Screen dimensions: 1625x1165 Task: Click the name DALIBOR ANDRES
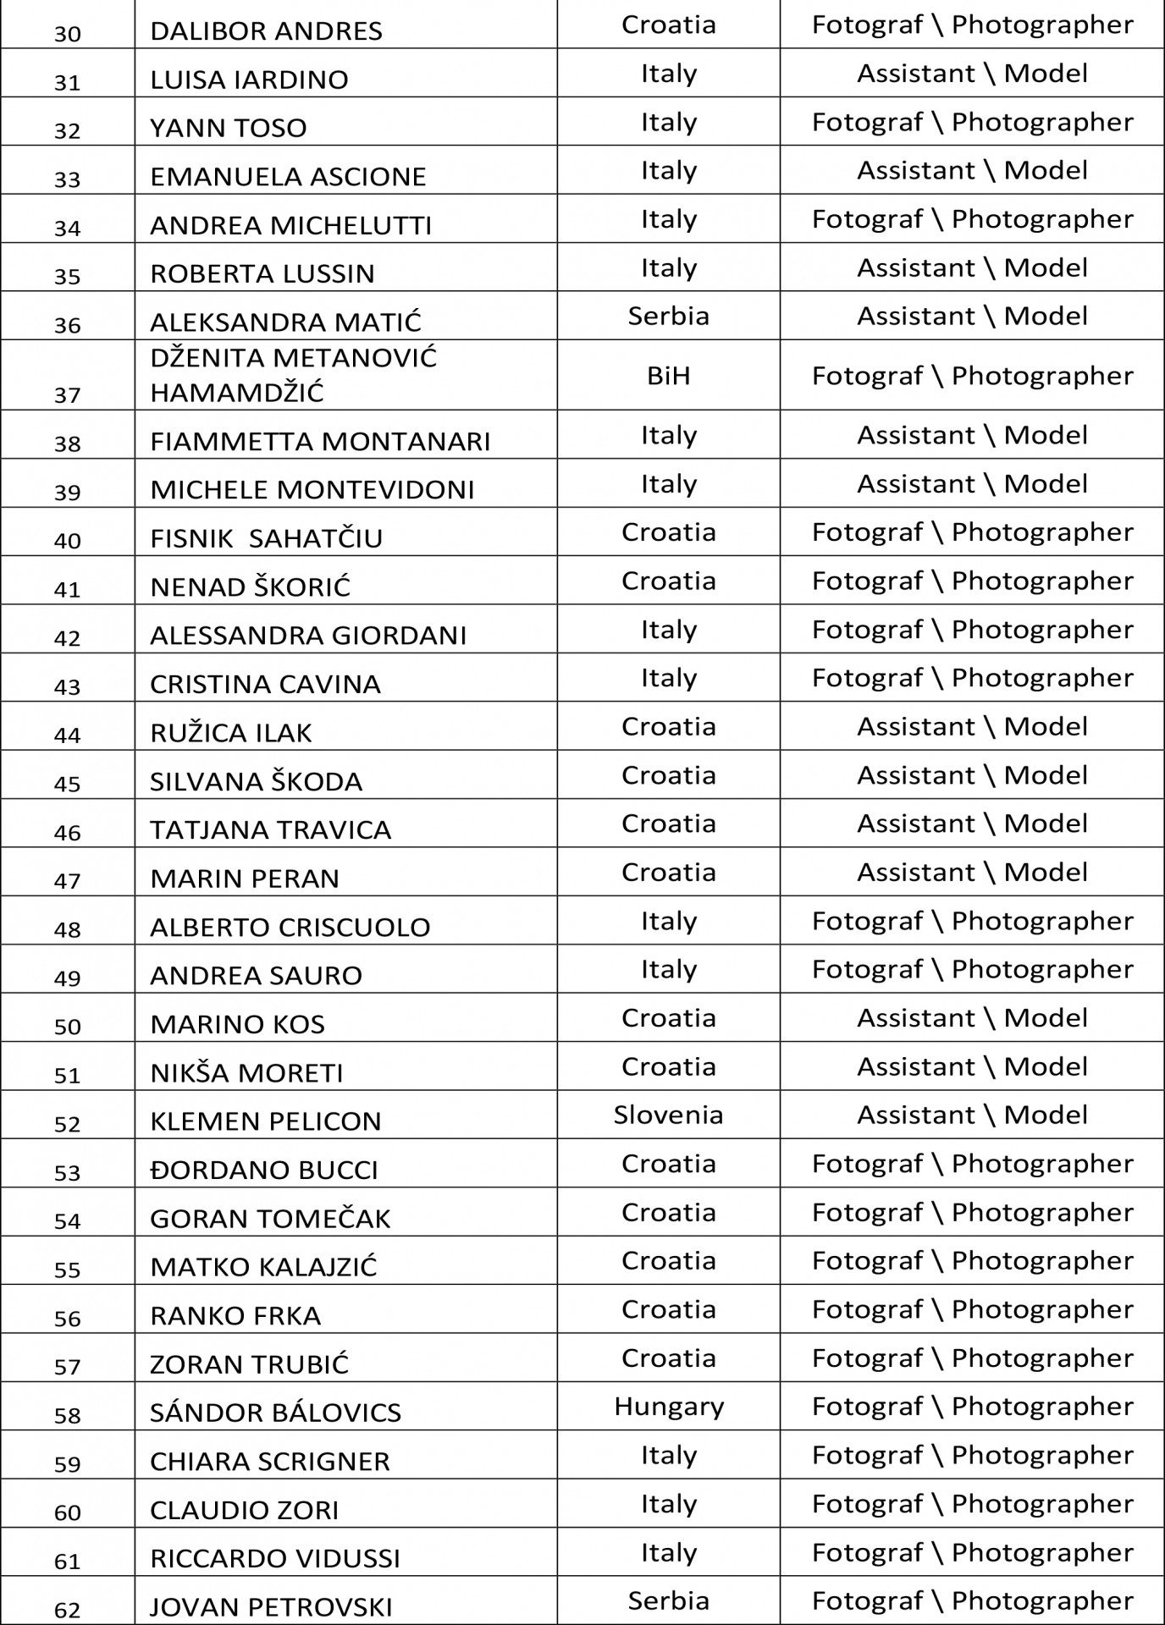(266, 31)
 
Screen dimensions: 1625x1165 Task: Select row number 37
(67, 394)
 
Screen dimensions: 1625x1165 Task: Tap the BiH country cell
(668, 375)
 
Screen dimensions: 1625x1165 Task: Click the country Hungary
(668, 1407)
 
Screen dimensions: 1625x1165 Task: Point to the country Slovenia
(668, 1115)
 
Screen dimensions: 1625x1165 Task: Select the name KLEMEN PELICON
(266, 1121)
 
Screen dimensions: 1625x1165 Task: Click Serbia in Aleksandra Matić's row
(668, 316)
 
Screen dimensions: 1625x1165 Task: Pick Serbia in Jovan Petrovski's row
(668, 1600)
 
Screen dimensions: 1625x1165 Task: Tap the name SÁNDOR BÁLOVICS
(275, 1413)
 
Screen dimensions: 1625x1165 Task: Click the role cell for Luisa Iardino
(972, 74)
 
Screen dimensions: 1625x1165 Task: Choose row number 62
(67, 1609)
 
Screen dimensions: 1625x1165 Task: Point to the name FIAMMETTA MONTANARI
(320, 442)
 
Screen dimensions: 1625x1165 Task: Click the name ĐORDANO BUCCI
(264, 1170)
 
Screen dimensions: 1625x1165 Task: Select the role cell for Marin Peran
(972, 872)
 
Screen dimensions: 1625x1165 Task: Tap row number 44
(67, 735)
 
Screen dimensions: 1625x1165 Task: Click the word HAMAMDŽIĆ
(237, 393)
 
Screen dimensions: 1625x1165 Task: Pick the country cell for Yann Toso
(668, 122)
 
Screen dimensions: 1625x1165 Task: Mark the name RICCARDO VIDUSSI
(275, 1558)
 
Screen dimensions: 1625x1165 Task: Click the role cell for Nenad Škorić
(972, 581)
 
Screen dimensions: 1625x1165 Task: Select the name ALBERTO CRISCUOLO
(290, 928)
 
